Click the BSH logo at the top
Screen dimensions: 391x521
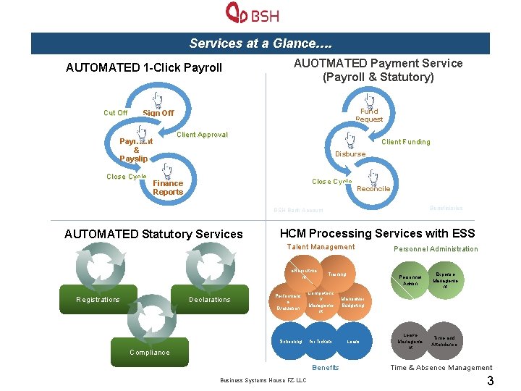(253, 14)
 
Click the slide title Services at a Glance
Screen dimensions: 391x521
(260, 43)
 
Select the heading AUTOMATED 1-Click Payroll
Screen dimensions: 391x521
(144, 68)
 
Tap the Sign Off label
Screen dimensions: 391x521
(158, 113)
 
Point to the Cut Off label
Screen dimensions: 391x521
(115, 113)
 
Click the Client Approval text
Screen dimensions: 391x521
(202, 135)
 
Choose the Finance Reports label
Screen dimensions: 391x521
(168, 188)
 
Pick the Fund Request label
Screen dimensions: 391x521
(369, 115)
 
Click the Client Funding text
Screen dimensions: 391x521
(405, 142)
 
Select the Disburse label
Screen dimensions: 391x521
(350, 154)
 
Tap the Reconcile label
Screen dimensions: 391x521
(373, 189)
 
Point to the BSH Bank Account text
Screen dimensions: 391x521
(298, 211)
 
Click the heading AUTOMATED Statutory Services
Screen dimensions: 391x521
(153, 234)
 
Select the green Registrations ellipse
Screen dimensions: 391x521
(98, 300)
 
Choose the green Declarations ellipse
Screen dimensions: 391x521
(209, 300)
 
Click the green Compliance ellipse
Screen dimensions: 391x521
(150, 353)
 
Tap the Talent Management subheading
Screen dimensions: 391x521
(321, 247)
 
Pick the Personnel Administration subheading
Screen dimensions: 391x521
(436, 249)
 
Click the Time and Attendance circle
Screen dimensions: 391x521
(444, 341)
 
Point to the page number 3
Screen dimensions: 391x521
(490, 381)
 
